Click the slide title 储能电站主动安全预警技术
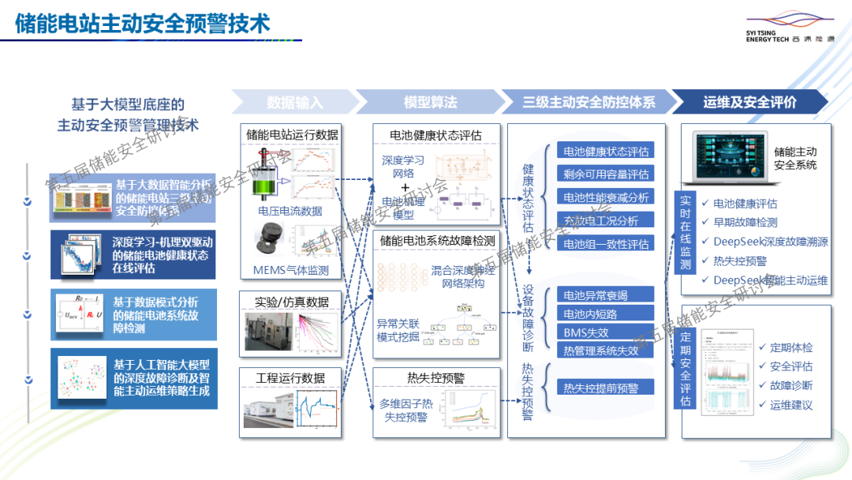pyautogui.click(x=143, y=24)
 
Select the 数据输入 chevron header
pyautogui.click(x=294, y=102)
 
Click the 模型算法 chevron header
pyautogui.click(x=430, y=102)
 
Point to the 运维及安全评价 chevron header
pyautogui.click(x=749, y=102)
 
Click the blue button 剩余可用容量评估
pyautogui.click(x=606, y=174)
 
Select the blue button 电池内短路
pyautogui.click(x=595, y=314)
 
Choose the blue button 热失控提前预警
pyautogui.click(x=606, y=387)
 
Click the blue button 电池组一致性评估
pyautogui.click(x=606, y=244)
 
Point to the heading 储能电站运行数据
pyautogui.click(x=292, y=135)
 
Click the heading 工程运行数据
pyautogui.click(x=290, y=378)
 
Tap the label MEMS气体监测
pyautogui.click(x=291, y=271)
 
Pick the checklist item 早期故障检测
pyautogui.click(x=744, y=223)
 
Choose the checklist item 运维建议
pyautogui.click(x=790, y=405)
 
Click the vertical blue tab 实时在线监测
pyautogui.click(x=685, y=233)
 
